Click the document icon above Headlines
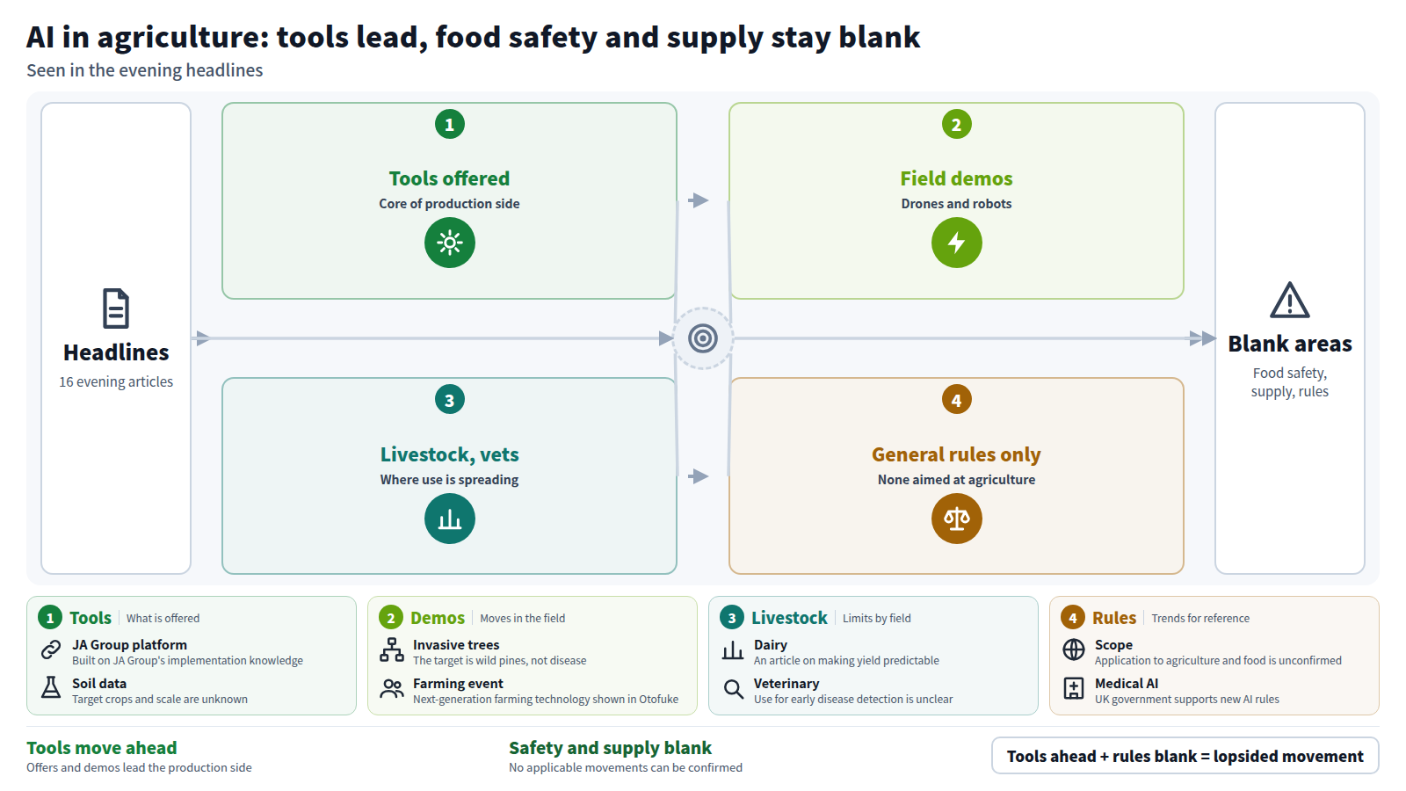pos(116,308)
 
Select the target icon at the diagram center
pos(702,338)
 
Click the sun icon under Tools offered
pos(449,243)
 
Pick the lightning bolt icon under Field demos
pos(956,243)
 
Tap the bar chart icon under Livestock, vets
pos(449,519)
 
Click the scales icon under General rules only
pos(956,519)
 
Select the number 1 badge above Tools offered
pos(449,124)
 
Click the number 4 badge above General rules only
pos(956,400)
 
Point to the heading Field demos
pos(956,178)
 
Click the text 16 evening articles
pos(116,381)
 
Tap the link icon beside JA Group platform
pos(51,649)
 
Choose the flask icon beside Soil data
pos(51,687)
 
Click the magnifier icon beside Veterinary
pos(733,689)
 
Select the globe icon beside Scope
pos(1073,649)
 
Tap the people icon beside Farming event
pos(392,689)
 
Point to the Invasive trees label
pos(456,645)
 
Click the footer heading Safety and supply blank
pos(610,748)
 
